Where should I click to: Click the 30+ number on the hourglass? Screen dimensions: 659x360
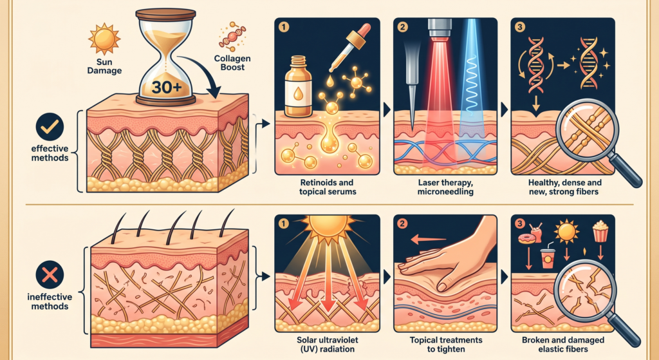tap(167, 87)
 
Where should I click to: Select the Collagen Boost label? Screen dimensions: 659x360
tap(232, 62)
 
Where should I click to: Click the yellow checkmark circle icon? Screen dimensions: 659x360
tap(50, 127)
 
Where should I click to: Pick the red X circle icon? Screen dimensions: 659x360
tap(50, 275)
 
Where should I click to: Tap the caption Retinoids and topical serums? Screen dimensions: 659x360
tap(326, 187)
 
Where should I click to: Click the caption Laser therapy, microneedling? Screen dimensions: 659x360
tap(445, 187)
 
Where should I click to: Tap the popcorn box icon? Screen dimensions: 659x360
tap(600, 232)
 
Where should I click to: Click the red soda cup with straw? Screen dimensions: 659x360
tap(547, 256)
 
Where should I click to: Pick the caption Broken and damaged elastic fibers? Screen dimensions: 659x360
tap(562, 345)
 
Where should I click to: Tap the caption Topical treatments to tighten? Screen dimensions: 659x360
tap(446, 345)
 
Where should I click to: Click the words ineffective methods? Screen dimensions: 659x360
tap(50, 301)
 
